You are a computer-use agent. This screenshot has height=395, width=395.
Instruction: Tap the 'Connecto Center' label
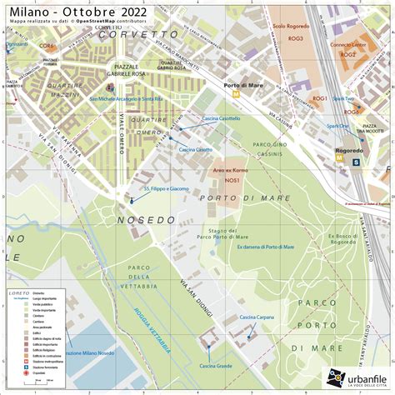pyautogui.click(x=347, y=45)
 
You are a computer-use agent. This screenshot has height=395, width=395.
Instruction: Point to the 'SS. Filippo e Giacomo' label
pyautogui.click(x=167, y=189)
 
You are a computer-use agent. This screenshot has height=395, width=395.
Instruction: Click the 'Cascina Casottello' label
pyautogui.click(x=219, y=118)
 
